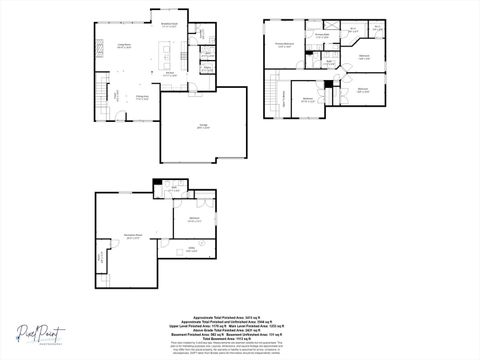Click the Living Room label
tap(128, 47)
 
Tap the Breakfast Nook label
tap(169, 25)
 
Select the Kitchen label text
tap(170, 73)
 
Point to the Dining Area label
tap(143, 97)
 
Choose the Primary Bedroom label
tap(284, 45)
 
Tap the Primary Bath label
tap(322, 36)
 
